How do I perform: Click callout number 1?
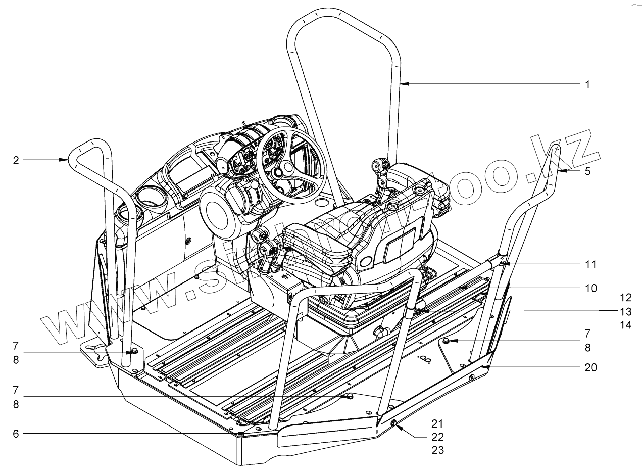coord(587,84)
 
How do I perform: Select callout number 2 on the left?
coord(16,160)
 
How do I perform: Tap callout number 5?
coord(587,171)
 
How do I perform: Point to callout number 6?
coord(16,433)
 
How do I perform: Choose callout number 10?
coord(590,289)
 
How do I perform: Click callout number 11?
coord(590,264)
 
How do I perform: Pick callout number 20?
coord(590,367)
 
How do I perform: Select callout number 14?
coord(626,325)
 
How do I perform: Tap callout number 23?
coord(437,450)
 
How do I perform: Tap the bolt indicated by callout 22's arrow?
coord(393,423)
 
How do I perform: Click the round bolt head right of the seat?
coord(447,342)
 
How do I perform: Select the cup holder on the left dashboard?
coord(151,198)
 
